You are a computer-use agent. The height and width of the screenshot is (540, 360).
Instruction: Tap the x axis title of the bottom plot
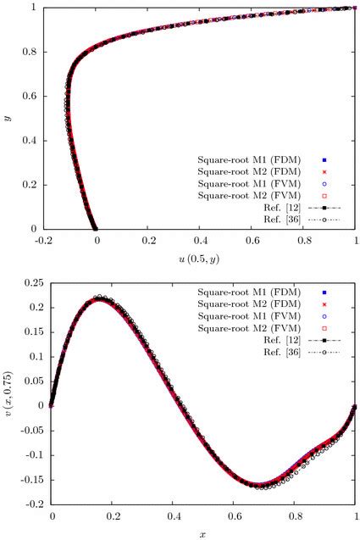202,534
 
